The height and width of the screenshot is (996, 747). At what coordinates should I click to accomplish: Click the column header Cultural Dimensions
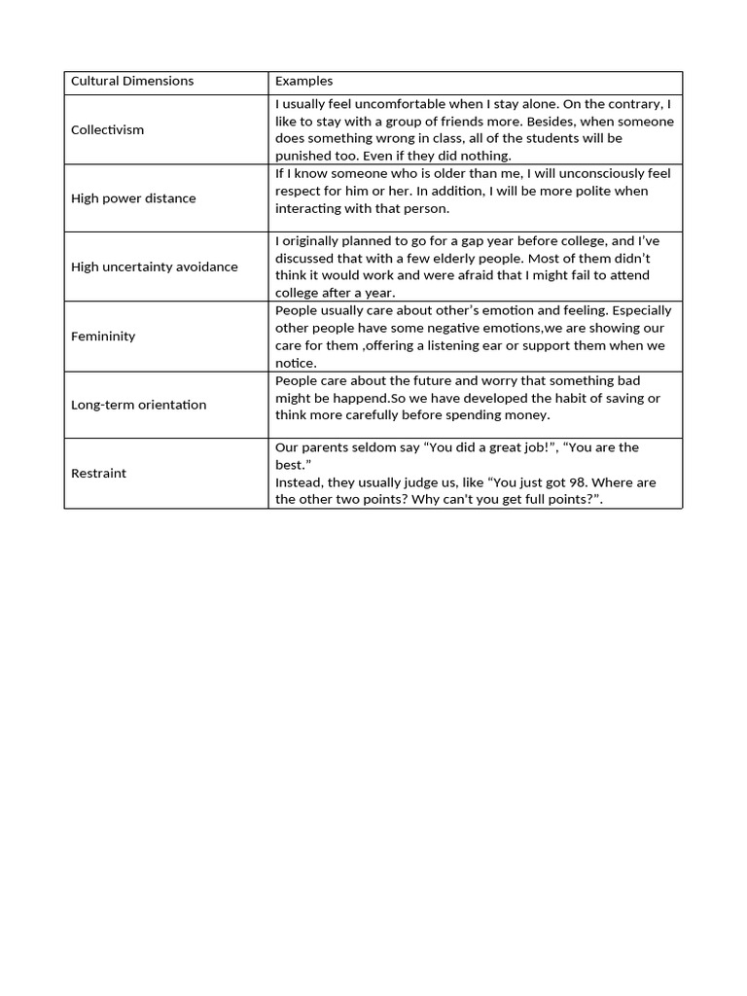tap(132, 81)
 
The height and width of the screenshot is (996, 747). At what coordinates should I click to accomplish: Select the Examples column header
tap(303, 81)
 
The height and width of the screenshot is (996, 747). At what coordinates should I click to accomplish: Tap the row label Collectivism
tap(107, 129)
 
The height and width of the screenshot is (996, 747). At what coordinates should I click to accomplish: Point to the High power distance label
tap(133, 198)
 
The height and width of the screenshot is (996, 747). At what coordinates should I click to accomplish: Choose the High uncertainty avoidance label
tap(154, 267)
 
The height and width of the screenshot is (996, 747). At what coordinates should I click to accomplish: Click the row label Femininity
tap(103, 336)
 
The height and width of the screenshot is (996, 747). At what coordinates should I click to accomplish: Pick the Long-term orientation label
tap(138, 405)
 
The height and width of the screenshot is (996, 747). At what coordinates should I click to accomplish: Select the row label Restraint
tap(98, 473)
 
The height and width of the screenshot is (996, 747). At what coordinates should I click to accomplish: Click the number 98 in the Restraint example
tap(522, 482)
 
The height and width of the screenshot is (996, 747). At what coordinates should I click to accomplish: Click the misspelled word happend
tap(361, 398)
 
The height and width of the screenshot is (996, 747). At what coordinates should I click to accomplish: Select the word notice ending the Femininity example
tap(295, 363)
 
